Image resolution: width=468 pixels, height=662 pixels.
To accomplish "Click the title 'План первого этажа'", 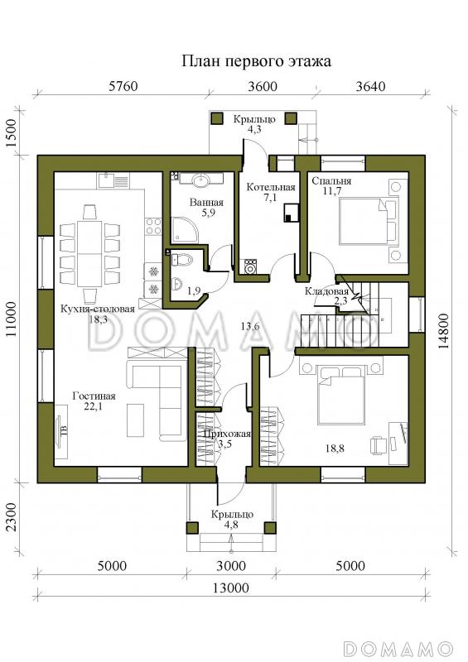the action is point(256,61).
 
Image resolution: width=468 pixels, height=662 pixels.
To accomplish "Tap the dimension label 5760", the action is point(123,86).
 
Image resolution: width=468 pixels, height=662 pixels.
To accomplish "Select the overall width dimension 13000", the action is point(231,588).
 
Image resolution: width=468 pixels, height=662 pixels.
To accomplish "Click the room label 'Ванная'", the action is point(206,203).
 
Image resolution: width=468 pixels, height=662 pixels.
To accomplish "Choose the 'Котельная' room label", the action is point(271,187).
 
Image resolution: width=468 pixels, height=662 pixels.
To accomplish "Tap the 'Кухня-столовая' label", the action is point(98,309).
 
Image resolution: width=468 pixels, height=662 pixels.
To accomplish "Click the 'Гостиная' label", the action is point(94,396).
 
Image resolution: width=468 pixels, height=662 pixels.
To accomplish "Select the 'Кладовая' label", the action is point(326,291).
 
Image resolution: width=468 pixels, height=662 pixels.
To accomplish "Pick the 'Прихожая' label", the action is point(227,434).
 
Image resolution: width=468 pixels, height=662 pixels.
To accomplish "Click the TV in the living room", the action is point(62,431).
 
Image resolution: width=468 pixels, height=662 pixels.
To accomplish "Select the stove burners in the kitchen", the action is point(153,225).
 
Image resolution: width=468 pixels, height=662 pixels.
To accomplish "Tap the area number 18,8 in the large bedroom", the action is point(335,449).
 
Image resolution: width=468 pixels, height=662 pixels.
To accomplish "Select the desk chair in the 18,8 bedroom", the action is point(379,445).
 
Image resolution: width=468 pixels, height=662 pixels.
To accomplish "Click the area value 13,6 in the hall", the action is point(249,326).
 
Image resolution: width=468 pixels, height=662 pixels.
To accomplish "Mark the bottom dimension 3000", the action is point(231,565).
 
